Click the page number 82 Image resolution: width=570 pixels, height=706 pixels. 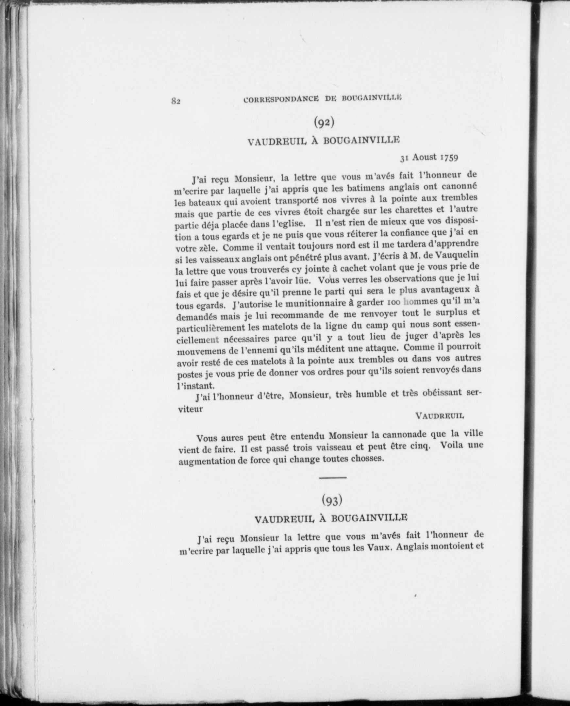pyautogui.click(x=176, y=101)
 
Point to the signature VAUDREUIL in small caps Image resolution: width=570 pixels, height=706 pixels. pyautogui.click(x=440, y=416)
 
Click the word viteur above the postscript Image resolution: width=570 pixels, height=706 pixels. pyautogui.click(x=190, y=410)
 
